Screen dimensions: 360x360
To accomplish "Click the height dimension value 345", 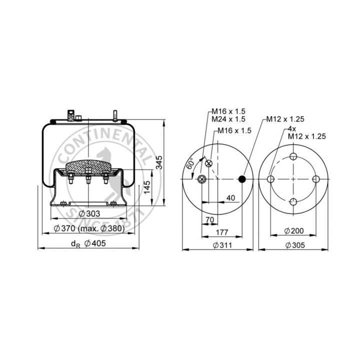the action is point(159,162).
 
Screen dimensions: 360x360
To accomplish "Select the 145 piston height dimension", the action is point(146,187).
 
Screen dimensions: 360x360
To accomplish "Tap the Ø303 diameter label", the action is point(89,214).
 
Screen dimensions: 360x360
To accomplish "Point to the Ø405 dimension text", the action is point(95,243).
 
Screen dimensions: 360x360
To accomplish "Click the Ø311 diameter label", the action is point(222,245).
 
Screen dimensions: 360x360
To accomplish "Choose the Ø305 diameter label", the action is point(295,245).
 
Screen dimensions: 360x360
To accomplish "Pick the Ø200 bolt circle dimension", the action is point(294,230).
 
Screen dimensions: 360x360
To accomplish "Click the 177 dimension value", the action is point(222,232).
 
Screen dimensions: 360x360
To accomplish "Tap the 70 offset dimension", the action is point(209,219).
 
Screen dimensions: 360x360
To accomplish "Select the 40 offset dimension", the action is point(230,198).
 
